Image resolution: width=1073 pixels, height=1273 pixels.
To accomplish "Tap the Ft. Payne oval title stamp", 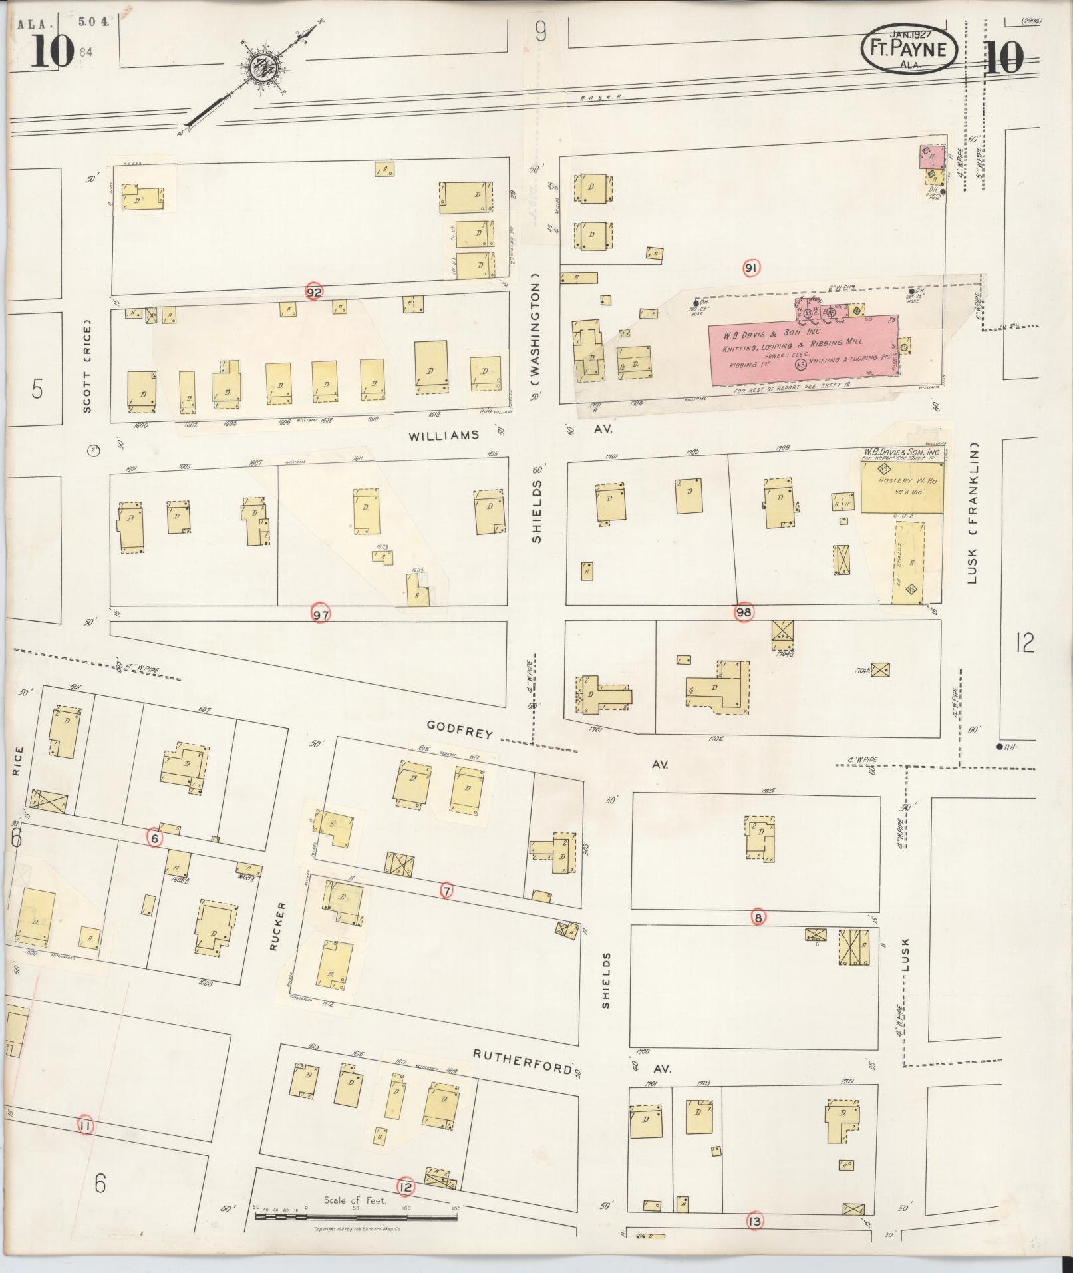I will pyautogui.click(x=909, y=50).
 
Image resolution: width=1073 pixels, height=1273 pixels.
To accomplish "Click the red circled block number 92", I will pyautogui.click(x=315, y=291).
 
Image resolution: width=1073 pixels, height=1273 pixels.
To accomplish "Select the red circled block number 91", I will pyautogui.click(x=751, y=268).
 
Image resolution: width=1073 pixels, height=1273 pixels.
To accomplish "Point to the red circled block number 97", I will pyautogui.click(x=321, y=614).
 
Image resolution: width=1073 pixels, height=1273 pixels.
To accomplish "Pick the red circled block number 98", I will pyautogui.click(x=744, y=613).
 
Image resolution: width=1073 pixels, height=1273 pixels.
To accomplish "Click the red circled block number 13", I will pyautogui.click(x=754, y=1221).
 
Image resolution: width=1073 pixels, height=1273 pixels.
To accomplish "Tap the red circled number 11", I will pyautogui.click(x=85, y=1126).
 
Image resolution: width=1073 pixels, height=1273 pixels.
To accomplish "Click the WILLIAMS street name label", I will pyautogui.click(x=444, y=435).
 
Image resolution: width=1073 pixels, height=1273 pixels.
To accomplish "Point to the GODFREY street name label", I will pyautogui.click(x=460, y=729).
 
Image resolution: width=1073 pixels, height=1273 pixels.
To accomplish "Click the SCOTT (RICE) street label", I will pyautogui.click(x=87, y=368).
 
